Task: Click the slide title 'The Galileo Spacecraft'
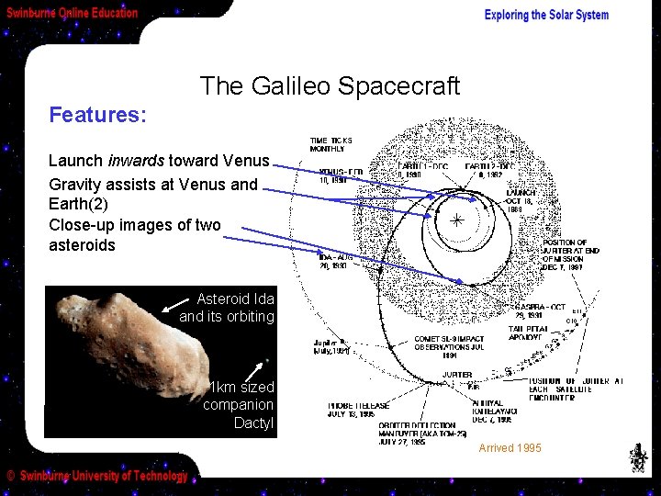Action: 330,86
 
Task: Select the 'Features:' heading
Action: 97,115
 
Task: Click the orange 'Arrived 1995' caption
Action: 510,448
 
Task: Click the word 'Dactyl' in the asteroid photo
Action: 252,423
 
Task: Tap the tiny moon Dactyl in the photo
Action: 266,360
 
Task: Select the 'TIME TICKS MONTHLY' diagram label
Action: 330,144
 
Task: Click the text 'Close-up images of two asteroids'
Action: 134,235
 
